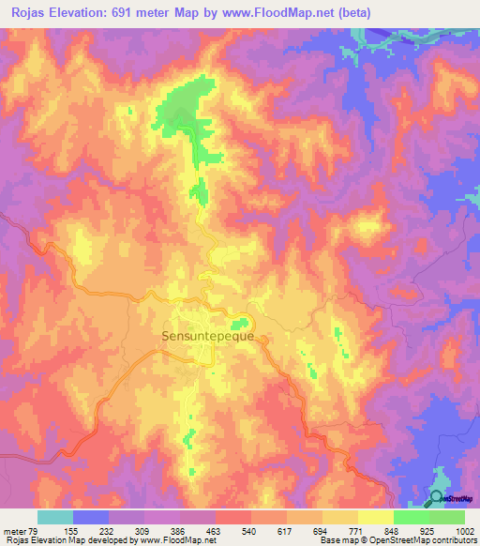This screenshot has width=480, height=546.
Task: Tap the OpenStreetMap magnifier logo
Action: tap(439, 498)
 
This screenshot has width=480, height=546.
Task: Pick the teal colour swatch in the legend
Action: tap(55, 517)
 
